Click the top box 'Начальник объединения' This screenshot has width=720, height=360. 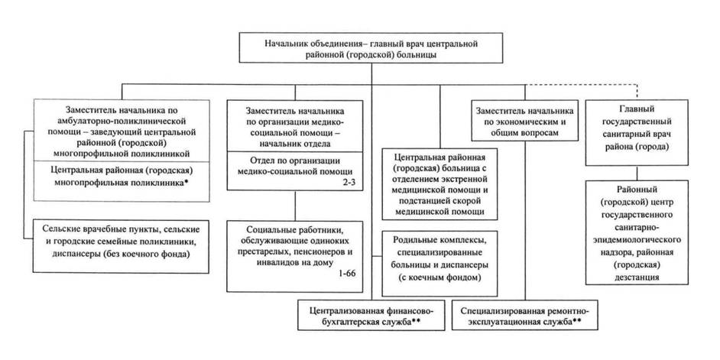point(371,50)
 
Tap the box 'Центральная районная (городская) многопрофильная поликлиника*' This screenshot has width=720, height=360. point(123,177)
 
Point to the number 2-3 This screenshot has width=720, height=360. point(346,183)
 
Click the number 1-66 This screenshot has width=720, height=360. point(345,273)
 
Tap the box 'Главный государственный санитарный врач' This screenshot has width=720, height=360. point(641,126)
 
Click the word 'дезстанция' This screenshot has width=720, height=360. point(641,279)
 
